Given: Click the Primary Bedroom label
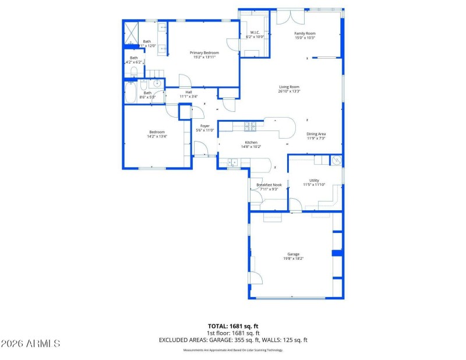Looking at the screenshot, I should pyautogui.click(x=204, y=52).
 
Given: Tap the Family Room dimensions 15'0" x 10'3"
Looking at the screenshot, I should pyautogui.click(x=304, y=38).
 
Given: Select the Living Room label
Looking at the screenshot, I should pyautogui.click(x=289, y=87).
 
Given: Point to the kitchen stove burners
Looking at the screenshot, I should pyautogui.click(x=249, y=126).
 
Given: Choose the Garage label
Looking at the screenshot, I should pyautogui.click(x=292, y=254).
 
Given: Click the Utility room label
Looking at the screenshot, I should pyautogui.click(x=314, y=180).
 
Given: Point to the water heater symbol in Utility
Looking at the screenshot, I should pyautogui.click(x=336, y=160).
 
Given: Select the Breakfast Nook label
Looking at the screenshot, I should pyautogui.click(x=269, y=185).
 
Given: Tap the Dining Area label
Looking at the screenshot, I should pyautogui.click(x=316, y=134).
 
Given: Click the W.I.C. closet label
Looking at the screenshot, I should pyautogui.click(x=255, y=32).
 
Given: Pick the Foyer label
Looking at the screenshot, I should pyautogui.click(x=204, y=126).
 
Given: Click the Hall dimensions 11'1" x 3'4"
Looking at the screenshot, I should pyautogui.click(x=188, y=96).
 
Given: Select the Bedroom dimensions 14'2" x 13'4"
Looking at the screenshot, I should pyautogui.click(x=157, y=136).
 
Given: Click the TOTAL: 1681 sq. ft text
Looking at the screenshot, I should pyautogui.click(x=233, y=326).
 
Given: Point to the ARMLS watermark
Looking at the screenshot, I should pyautogui.click(x=30, y=343).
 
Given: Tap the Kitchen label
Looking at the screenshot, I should pyautogui.click(x=250, y=142).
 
